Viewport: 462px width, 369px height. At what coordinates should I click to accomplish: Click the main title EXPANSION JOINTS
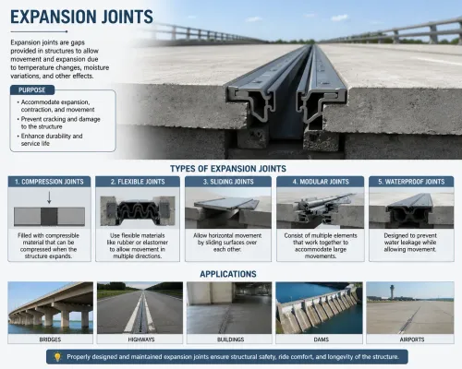click(81, 17)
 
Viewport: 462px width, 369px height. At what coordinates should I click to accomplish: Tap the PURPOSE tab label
click(32, 90)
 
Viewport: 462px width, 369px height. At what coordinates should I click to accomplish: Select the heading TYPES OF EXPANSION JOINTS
click(228, 169)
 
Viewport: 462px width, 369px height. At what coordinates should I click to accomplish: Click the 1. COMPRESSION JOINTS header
click(49, 182)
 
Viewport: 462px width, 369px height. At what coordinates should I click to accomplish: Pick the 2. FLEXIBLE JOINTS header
click(138, 182)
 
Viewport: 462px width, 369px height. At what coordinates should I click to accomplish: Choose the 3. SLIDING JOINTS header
click(228, 182)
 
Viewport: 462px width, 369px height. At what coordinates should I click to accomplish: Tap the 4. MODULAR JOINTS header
click(321, 182)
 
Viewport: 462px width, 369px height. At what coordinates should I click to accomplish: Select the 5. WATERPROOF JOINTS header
click(411, 182)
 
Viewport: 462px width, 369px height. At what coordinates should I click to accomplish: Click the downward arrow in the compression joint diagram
click(49, 197)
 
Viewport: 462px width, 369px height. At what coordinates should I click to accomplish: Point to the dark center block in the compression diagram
click(49, 217)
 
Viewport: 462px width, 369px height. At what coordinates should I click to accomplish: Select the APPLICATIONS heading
click(228, 274)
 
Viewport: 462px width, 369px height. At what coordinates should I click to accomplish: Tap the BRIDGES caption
click(50, 339)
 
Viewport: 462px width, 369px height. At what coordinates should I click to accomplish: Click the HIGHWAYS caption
click(141, 339)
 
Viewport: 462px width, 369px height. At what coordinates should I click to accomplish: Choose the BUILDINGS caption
click(230, 339)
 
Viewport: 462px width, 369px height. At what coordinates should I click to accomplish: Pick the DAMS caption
click(321, 339)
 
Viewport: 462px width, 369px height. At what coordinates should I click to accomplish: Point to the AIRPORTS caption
click(412, 339)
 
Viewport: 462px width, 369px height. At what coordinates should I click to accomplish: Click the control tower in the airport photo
click(392, 292)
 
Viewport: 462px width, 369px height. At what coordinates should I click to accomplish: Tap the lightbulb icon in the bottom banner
click(57, 357)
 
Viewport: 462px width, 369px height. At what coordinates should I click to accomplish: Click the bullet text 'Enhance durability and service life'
click(52, 139)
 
